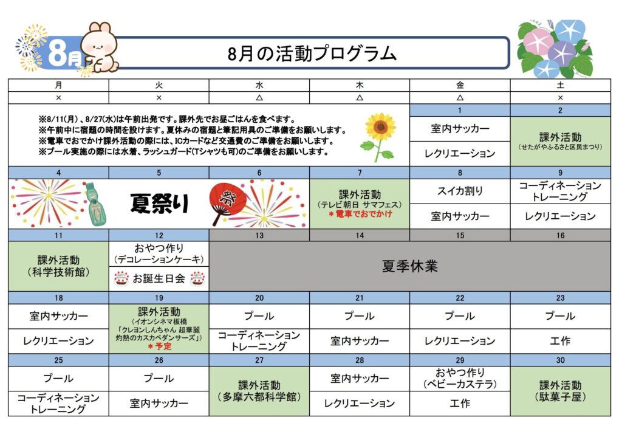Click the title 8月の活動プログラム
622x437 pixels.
coord(312,53)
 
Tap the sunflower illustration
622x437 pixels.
coord(379,137)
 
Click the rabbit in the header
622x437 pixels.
coord(100,47)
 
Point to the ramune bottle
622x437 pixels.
coord(95,204)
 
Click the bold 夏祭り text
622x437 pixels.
coord(159,204)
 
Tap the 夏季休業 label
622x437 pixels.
coord(410,266)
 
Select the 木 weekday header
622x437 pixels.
coord(360,85)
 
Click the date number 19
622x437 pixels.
coord(159,298)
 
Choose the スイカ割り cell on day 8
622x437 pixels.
coord(460,191)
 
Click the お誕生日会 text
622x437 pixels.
coord(159,278)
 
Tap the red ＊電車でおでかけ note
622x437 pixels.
coord(360,214)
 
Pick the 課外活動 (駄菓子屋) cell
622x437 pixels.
coord(560,391)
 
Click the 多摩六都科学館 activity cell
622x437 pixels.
coord(259,391)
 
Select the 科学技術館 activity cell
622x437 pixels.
coord(58,266)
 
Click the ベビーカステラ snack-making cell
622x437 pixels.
coord(460,379)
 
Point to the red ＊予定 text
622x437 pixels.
coord(160,346)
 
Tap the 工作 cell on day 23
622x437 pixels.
coord(560,341)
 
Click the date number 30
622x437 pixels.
coord(560,360)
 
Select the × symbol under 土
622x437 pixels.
coord(560,98)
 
